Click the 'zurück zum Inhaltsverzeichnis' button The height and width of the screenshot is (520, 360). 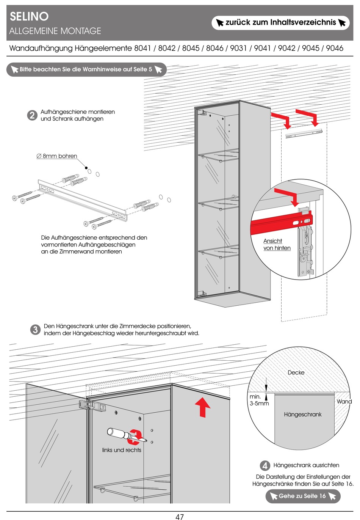pyautogui.click(x=280, y=23)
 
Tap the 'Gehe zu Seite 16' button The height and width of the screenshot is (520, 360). pyautogui.click(x=302, y=496)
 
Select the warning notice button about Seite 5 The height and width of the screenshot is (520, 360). pyautogui.click(x=86, y=69)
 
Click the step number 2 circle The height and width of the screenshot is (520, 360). pyautogui.click(x=32, y=115)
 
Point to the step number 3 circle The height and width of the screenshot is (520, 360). pyautogui.click(x=35, y=330)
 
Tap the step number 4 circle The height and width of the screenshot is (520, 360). pyautogui.click(x=265, y=465)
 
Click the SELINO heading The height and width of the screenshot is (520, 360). pyautogui.click(x=29, y=16)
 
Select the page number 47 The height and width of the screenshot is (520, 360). pyautogui.click(x=180, y=516)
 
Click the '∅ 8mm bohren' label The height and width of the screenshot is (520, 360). pyautogui.click(x=57, y=156)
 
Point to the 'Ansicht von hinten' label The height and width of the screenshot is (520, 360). pyautogui.click(x=277, y=245)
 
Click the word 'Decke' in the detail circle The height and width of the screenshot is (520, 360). pyautogui.click(x=296, y=372)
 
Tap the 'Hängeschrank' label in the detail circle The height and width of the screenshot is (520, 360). pyautogui.click(x=302, y=415)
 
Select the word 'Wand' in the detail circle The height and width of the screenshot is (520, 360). pyautogui.click(x=344, y=401)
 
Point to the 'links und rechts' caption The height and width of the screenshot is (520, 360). pyautogui.click(x=122, y=450)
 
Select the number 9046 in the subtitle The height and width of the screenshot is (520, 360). pyautogui.click(x=334, y=48)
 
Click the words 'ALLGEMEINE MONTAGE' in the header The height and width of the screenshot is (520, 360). pyautogui.click(x=55, y=31)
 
